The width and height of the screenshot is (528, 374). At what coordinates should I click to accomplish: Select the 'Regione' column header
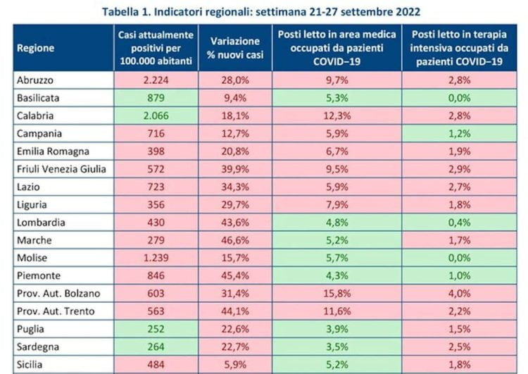point(37,48)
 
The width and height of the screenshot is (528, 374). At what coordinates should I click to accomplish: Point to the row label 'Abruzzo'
point(34,80)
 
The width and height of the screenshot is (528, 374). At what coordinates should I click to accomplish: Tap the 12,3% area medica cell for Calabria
point(337,116)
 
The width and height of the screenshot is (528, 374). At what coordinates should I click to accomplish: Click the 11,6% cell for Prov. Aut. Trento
point(337,311)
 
